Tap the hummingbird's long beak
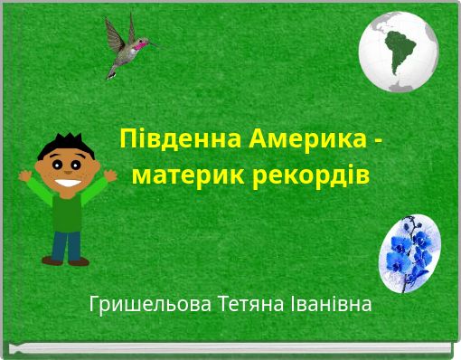[153, 43]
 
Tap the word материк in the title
[176, 173]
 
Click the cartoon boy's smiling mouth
[67, 179]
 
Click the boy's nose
[67, 168]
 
